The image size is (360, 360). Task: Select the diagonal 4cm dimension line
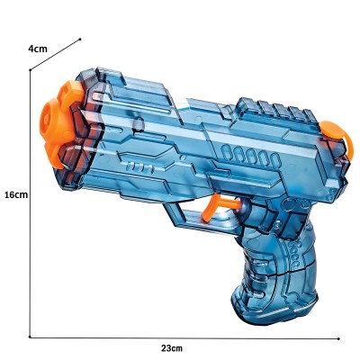pos(56,56)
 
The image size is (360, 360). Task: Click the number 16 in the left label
pos(9,194)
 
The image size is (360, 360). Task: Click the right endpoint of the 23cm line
pos(338,337)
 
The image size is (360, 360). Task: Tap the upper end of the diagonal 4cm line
pos(80,39)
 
